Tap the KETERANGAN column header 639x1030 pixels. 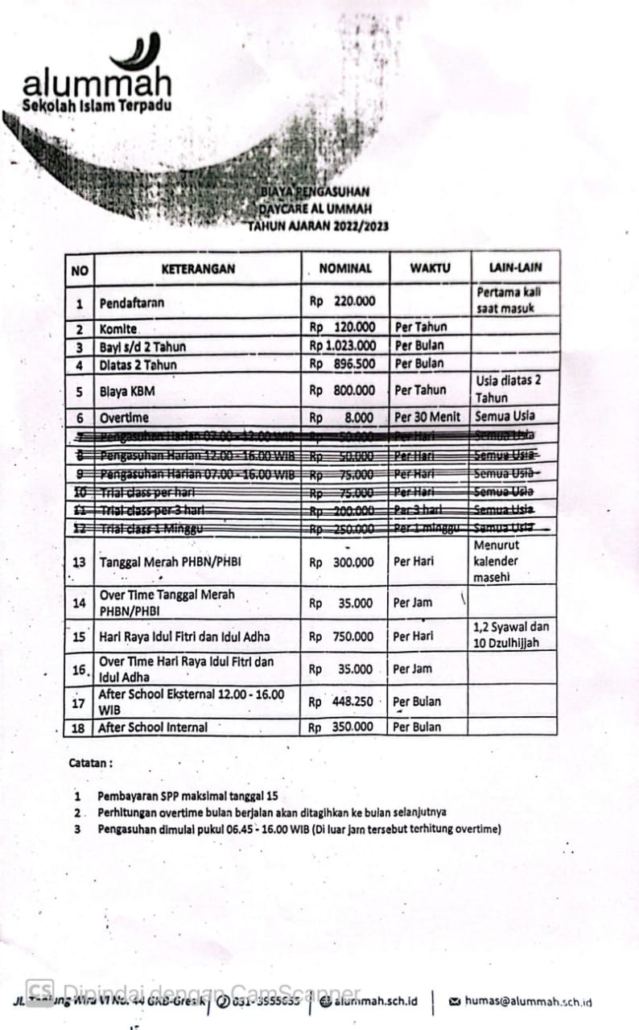point(198,269)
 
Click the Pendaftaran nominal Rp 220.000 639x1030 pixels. point(343,302)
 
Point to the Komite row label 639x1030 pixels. point(119,328)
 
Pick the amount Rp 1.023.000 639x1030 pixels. point(343,345)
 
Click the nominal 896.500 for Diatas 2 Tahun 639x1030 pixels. point(354,364)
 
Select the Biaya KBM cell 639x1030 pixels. point(127,391)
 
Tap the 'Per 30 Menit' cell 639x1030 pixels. point(429,418)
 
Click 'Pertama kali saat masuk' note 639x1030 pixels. point(509,299)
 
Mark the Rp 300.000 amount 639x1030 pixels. point(343,562)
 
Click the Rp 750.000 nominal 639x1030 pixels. point(343,637)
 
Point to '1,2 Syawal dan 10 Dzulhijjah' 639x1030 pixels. point(512,635)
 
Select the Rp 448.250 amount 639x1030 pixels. point(343,701)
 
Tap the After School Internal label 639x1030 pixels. point(153,727)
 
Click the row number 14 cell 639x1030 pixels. point(80,602)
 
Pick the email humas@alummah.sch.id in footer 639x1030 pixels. point(527,1002)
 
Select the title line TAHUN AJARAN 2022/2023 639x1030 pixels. point(318,226)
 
